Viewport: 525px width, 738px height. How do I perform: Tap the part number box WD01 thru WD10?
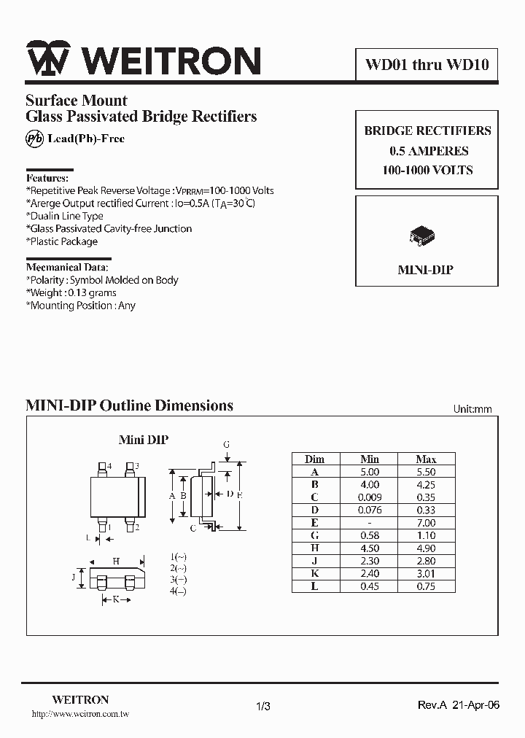427,65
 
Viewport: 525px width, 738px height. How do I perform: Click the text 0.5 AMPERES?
428,151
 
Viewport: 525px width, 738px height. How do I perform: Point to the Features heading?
47,178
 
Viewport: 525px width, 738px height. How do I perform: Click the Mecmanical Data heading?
69,267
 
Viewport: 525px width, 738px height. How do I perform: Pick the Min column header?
370,459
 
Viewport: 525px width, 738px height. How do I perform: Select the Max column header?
426,459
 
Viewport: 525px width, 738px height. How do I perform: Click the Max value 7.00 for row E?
426,523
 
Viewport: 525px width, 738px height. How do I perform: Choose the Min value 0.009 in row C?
370,497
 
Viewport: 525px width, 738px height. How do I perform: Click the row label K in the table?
315,574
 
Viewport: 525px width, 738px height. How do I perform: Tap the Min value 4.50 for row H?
370,548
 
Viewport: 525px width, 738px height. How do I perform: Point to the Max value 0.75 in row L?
426,586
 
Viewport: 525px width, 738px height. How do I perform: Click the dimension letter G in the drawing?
227,443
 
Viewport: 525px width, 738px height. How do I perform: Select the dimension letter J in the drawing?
74,578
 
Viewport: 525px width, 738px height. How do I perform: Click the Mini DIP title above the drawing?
144,440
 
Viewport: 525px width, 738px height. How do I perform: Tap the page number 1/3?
263,706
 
